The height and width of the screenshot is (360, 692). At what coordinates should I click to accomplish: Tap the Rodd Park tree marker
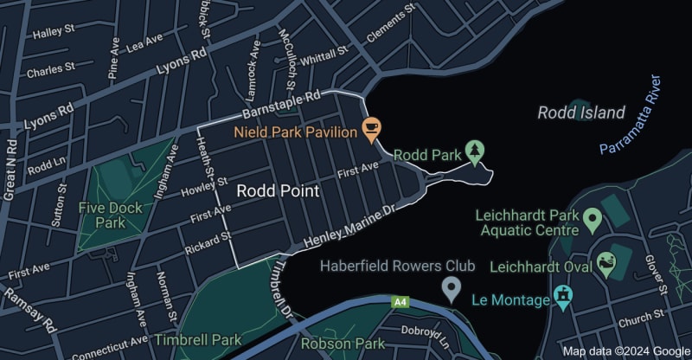pyautogui.click(x=475, y=153)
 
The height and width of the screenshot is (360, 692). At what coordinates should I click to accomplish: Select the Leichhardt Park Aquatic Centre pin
pyautogui.click(x=593, y=220)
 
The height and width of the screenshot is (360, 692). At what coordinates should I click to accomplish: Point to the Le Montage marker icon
pyautogui.click(x=565, y=299)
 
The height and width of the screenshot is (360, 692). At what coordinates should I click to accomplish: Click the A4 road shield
pyautogui.click(x=400, y=302)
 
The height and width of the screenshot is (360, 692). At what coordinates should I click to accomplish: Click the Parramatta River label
pyautogui.click(x=633, y=115)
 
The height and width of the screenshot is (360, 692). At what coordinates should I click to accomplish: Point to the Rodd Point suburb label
pyautogui.click(x=279, y=190)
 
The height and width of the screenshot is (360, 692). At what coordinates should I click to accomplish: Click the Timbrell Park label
pyautogui.click(x=199, y=340)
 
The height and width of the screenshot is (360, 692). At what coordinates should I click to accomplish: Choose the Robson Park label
pyautogui.click(x=343, y=344)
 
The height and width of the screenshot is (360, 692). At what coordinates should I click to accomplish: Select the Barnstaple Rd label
pyautogui.click(x=281, y=106)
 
